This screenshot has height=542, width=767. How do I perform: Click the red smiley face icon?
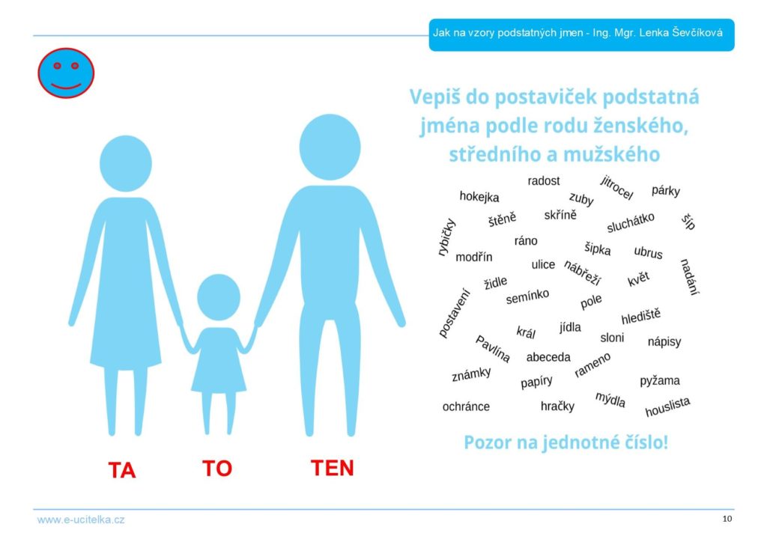coord(66,73)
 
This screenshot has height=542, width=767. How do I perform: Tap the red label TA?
coord(122,470)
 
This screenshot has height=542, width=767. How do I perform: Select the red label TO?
coord(217,468)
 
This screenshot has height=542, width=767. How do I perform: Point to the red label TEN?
coord(332,468)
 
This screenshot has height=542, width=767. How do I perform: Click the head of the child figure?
coord(219,297)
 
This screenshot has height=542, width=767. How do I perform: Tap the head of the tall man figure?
coord(330,147)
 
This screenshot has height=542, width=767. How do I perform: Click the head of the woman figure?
coord(126,164)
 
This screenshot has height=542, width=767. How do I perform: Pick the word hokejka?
coord(479,197)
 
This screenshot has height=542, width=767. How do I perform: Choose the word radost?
coord(544,181)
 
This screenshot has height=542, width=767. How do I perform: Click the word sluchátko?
coord(631,222)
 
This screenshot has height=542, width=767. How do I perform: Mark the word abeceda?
coord(548,357)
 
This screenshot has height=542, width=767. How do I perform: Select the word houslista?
coord(667,406)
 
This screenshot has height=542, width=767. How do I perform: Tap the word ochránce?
coord(466,406)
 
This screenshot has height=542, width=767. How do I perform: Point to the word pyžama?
coord(660,380)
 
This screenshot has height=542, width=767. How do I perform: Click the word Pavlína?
coord(493,349)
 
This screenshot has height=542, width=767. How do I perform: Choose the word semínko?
coord(527,296)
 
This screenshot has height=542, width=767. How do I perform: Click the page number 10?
coord(727,519)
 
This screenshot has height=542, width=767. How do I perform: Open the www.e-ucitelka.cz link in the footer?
coord(81,520)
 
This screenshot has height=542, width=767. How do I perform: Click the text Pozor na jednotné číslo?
coord(566,442)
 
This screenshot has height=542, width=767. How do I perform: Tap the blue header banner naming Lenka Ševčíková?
coord(581,34)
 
